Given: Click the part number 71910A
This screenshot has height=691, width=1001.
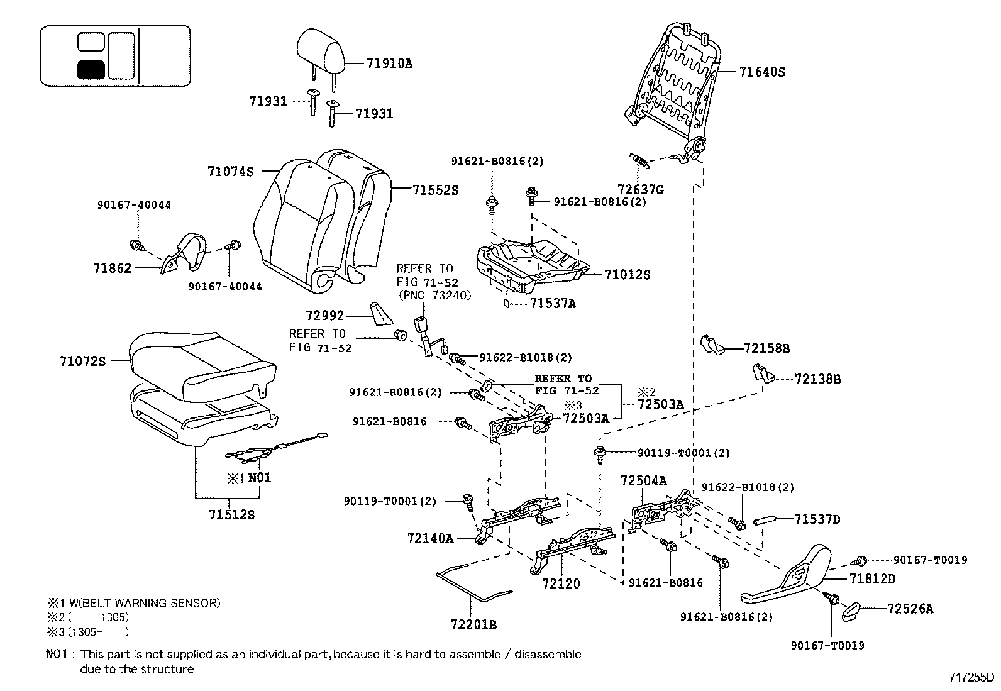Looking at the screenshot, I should pyautogui.click(x=389, y=64).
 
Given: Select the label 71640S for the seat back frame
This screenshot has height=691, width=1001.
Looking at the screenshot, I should pyautogui.click(x=762, y=72).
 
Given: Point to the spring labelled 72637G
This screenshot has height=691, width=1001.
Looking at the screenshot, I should pyautogui.click(x=639, y=161).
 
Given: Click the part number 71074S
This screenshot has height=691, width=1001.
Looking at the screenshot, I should pyautogui.click(x=230, y=171).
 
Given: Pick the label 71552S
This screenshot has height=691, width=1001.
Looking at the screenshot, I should pyautogui.click(x=436, y=190).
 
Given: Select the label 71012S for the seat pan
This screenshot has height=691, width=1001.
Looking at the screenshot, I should pyautogui.click(x=627, y=275).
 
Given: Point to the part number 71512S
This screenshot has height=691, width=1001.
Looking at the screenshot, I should pyautogui.click(x=232, y=515).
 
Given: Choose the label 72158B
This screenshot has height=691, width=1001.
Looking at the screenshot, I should pyautogui.click(x=766, y=348).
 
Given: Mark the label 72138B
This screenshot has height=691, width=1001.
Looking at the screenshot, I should pyautogui.click(x=817, y=379).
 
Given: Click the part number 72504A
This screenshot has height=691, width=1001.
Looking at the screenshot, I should pyautogui.click(x=643, y=481).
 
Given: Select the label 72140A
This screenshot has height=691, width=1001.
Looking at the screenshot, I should pyautogui.click(x=430, y=538).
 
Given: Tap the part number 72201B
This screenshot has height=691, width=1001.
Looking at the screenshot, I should pyautogui.click(x=473, y=624).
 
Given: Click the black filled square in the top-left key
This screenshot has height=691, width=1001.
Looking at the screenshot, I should pyautogui.click(x=91, y=69).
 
